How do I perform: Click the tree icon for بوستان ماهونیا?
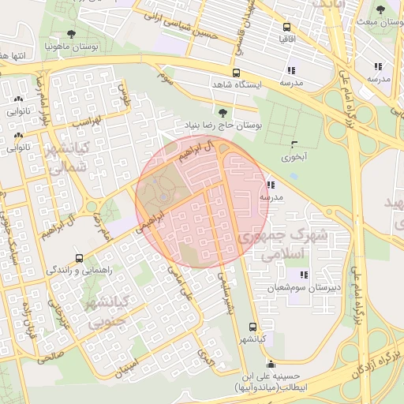[72, 34]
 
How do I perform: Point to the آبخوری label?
[296, 157]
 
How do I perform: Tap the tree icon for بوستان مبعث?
[380, 10]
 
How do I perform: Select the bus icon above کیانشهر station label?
[252, 327]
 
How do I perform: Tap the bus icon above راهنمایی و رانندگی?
[78, 258]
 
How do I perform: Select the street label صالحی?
[49, 357]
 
